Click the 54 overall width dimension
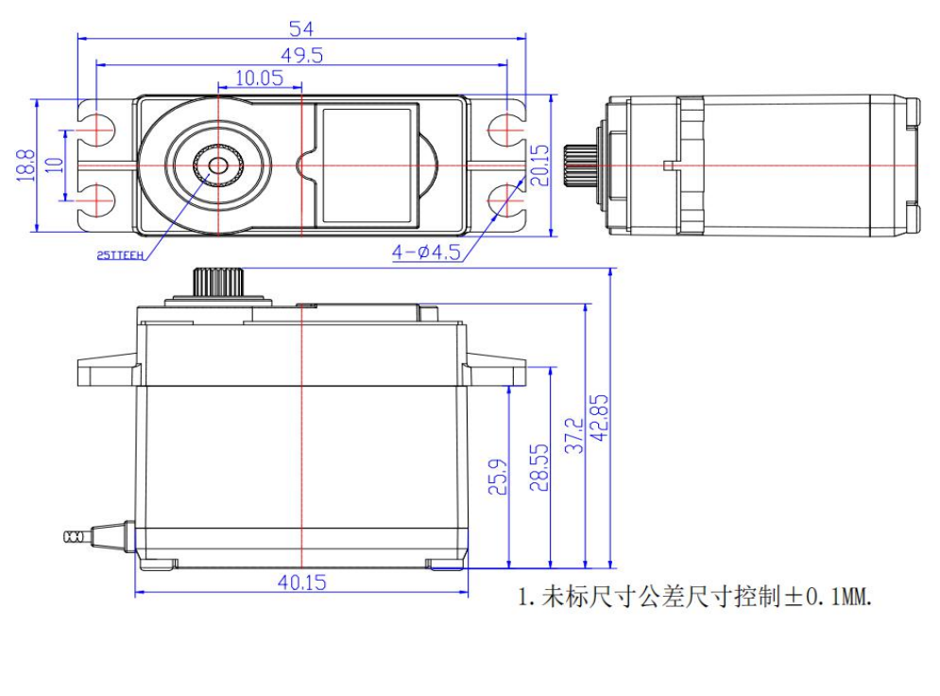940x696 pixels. click(x=302, y=28)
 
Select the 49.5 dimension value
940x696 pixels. click(x=302, y=56)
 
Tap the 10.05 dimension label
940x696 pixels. click(x=259, y=78)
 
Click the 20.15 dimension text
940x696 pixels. click(x=539, y=165)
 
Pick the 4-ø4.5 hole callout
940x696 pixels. click(x=426, y=252)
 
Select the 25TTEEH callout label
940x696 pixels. click(x=119, y=254)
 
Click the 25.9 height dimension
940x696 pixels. click(x=499, y=477)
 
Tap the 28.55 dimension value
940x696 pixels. click(x=538, y=467)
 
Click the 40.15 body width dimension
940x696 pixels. click(x=302, y=583)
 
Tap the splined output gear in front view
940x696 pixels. click(x=219, y=282)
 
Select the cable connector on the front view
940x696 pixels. click(x=74, y=536)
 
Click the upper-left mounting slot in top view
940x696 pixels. click(x=94, y=129)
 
